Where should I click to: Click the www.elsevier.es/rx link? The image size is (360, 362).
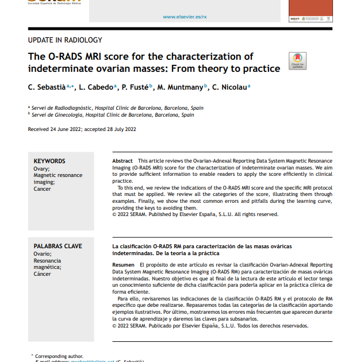point(185,17)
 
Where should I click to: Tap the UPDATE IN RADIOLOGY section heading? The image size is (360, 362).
point(65,40)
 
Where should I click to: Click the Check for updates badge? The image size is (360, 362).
point(297,61)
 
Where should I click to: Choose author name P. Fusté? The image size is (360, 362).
point(135,87)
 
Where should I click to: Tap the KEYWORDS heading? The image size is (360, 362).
point(49,161)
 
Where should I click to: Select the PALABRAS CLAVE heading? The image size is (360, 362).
point(58,246)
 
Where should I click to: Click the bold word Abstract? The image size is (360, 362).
point(122,161)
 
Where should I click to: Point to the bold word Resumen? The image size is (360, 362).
point(123,264)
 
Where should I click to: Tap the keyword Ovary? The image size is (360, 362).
point(41,168)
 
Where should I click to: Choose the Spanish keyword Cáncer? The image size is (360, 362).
point(43,274)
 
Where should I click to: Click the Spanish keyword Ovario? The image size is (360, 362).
point(43,253)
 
